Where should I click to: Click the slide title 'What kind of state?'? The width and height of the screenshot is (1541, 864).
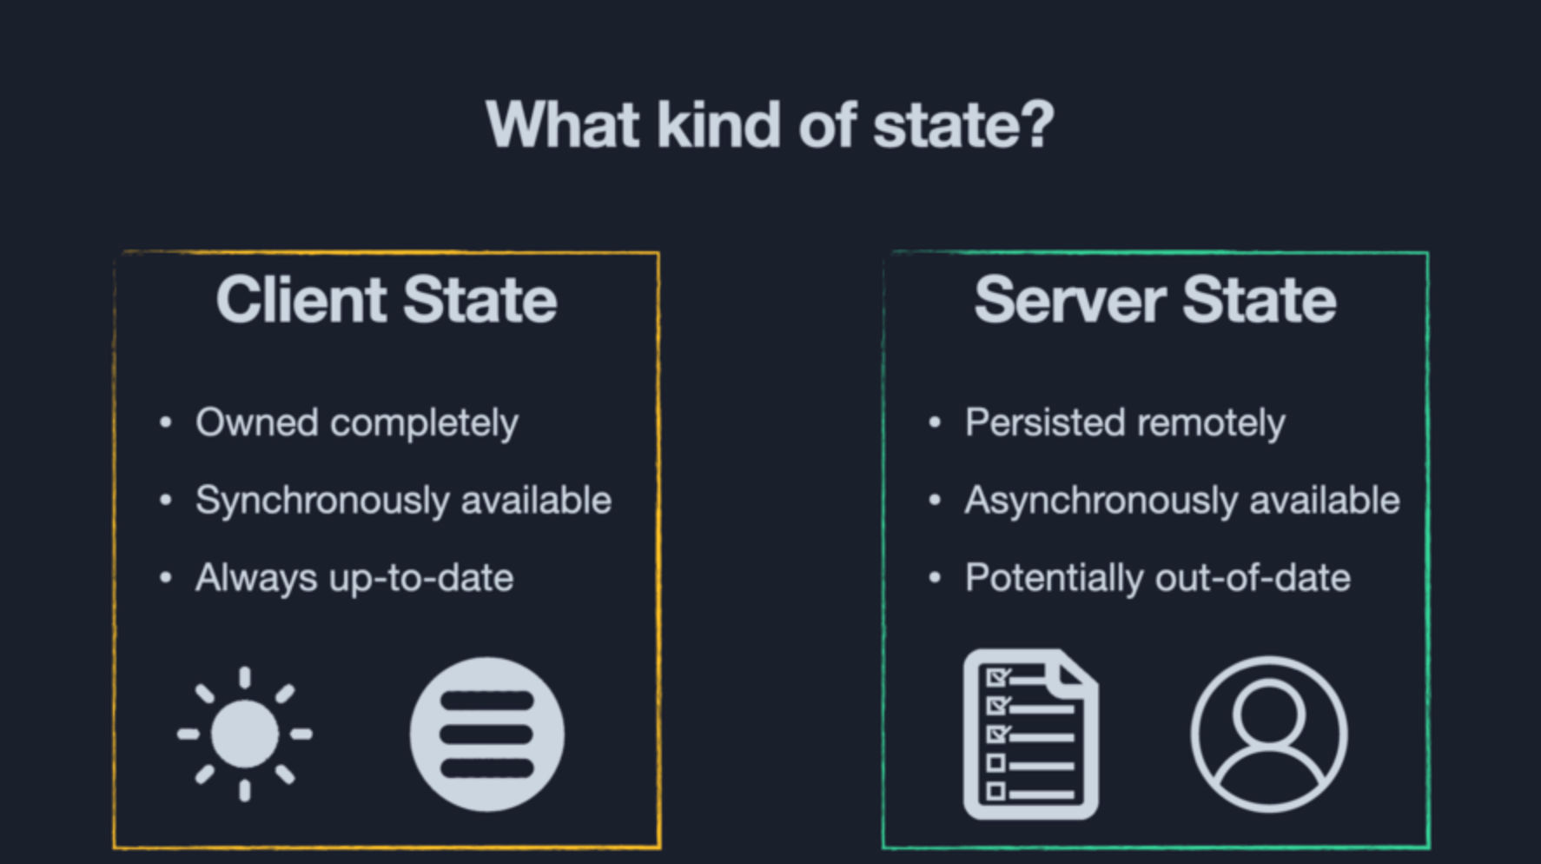[770, 125]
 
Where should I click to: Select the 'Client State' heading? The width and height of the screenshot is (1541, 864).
[387, 300]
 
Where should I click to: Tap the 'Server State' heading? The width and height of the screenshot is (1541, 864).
[1154, 300]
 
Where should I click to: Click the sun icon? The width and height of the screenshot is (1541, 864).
[245, 734]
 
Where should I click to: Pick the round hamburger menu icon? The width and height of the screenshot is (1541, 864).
[486, 734]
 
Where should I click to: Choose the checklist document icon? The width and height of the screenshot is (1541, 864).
[1030, 734]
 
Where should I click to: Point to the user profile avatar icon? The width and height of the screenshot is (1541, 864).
[1268, 734]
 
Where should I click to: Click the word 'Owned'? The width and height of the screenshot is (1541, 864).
[256, 423]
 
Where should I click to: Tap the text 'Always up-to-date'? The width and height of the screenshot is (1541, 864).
[354, 579]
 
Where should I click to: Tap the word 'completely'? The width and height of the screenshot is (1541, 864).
[424, 423]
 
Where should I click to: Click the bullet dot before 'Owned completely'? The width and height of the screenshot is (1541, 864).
[166, 423]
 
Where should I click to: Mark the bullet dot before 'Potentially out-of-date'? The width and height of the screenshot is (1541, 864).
[935, 578]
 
